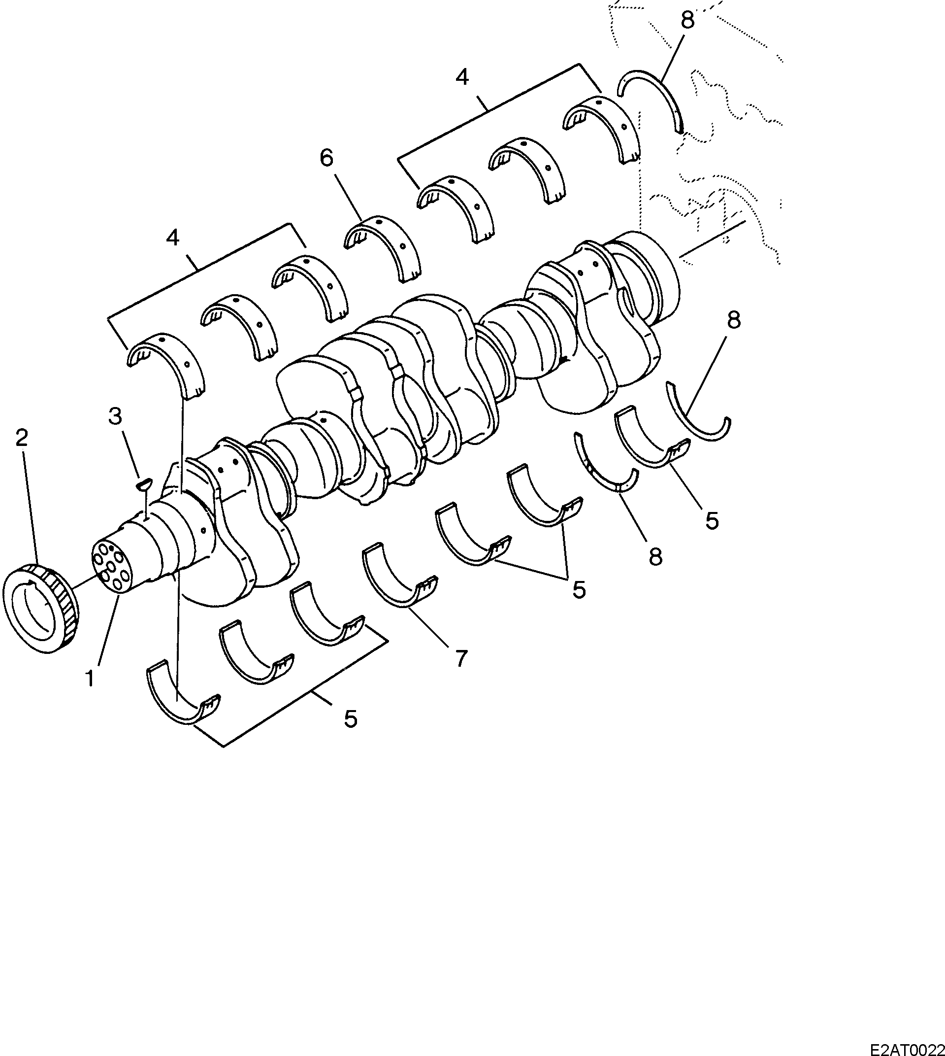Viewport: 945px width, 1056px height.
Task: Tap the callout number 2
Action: click(x=21, y=439)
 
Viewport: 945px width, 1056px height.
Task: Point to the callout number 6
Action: click(x=326, y=158)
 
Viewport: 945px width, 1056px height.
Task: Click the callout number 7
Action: click(x=460, y=659)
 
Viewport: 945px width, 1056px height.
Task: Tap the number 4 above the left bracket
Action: click(x=173, y=238)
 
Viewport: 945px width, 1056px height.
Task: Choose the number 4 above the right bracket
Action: click(x=462, y=77)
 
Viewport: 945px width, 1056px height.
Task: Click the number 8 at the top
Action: click(x=687, y=20)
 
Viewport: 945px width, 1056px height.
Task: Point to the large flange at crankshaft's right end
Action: click(x=649, y=275)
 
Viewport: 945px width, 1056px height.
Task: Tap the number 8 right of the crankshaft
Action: click(x=734, y=320)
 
